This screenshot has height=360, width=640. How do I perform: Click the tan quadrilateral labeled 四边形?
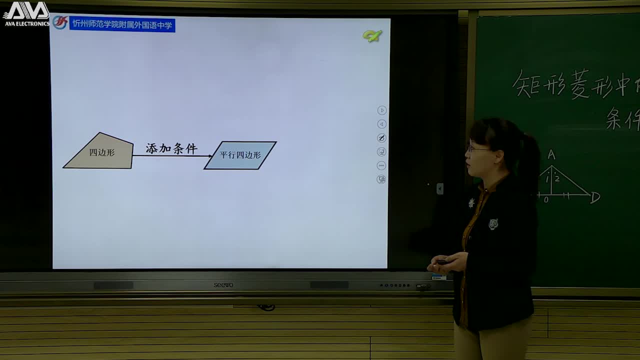(100, 152)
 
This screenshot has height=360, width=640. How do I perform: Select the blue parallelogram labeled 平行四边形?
(240, 155)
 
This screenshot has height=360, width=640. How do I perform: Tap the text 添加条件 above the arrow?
(171, 148)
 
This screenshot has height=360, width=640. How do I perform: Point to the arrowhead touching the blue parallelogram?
(209, 156)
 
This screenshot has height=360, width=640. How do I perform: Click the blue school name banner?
(122, 24)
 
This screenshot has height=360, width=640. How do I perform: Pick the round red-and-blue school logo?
(60, 22)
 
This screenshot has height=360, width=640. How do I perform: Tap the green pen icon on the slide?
(372, 35)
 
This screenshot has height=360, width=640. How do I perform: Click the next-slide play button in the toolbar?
(381, 110)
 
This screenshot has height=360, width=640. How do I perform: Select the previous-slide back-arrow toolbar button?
(381, 124)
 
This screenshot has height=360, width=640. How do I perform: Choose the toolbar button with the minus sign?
(381, 165)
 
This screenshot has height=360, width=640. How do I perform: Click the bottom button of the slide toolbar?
(381, 179)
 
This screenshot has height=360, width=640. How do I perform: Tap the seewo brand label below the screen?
(223, 285)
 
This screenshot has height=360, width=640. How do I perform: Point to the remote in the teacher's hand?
(442, 262)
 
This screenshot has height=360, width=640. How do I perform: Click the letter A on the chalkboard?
(551, 155)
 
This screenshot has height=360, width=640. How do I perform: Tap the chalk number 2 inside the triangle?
(557, 178)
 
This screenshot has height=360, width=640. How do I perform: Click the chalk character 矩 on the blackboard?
(528, 84)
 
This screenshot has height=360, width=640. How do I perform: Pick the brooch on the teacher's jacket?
(493, 224)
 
